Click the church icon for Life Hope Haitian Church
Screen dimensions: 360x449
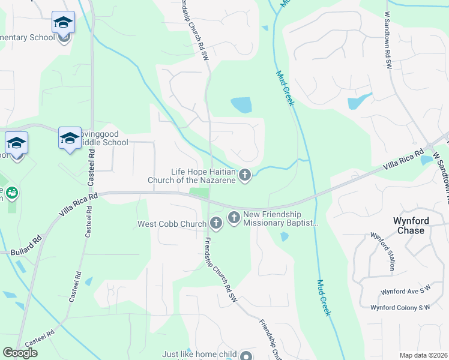pos(244,175)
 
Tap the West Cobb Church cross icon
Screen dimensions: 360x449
pos(216,224)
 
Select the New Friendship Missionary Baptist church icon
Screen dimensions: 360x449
pos(234,217)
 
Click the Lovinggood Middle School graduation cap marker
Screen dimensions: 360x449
pos(70,138)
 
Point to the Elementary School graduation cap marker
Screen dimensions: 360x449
pos(63,23)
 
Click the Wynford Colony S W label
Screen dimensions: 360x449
pos(400,307)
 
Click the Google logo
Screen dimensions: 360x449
pos(20,353)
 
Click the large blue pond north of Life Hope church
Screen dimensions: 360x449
pos(241,105)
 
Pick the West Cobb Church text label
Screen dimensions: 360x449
pos(173,224)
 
